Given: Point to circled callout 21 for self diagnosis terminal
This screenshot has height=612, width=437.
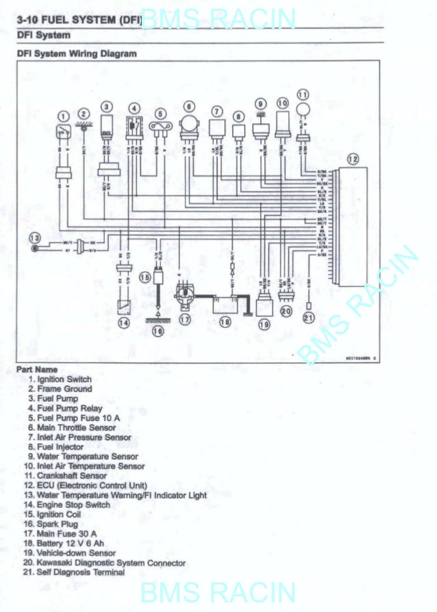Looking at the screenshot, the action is (x=309, y=317).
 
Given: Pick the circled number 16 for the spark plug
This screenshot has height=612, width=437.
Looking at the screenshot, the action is (x=158, y=331).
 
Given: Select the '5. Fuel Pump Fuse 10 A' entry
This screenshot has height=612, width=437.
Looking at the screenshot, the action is (x=68, y=418).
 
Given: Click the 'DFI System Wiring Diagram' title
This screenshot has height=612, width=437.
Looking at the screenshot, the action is (x=77, y=53).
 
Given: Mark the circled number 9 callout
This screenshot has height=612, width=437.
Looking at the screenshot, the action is (x=260, y=103).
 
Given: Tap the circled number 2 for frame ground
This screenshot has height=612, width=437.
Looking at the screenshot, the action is (x=84, y=114).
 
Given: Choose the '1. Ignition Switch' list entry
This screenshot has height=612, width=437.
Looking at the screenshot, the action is (x=59, y=379).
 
